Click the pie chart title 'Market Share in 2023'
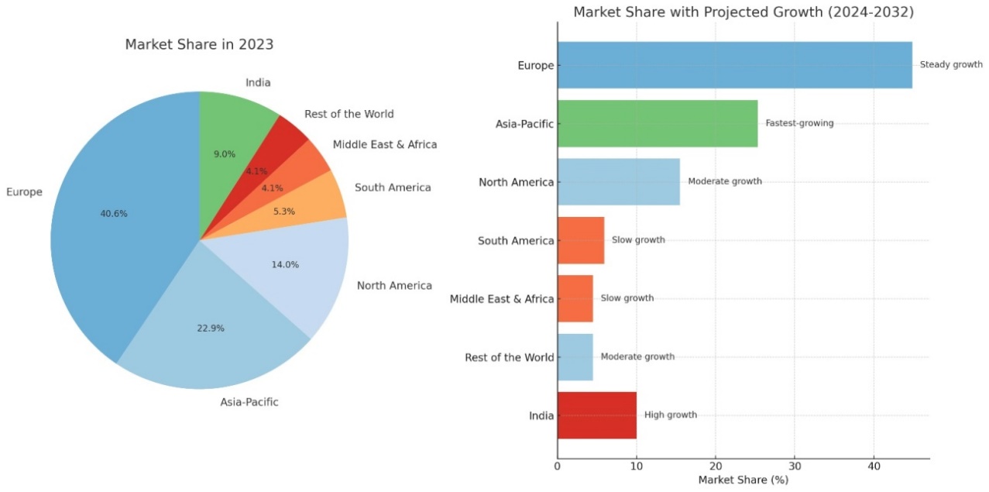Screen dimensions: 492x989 click(x=199, y=45)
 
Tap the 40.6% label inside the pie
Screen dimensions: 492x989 click(x=114, y=214)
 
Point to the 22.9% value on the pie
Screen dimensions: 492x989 click(x=211, y=328)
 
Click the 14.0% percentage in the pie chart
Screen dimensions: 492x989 click(x=285, y=264)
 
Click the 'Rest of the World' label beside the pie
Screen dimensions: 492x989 click(x=349, y=114)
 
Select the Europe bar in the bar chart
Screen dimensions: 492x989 click(x=733, y=65)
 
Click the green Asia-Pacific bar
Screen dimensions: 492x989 click(x=657, y=123)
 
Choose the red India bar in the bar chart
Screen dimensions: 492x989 click(x=596, y=415)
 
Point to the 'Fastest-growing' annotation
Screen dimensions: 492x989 click(x=799, y=123)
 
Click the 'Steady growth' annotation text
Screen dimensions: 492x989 click(x=951, y=65)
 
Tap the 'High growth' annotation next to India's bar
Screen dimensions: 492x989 click(x=671, y=415)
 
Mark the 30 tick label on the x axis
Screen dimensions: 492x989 click(x=794, y=466)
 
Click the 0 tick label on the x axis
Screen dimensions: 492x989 click(x=558, y=466)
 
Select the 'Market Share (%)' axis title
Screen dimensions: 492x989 click(x=743, y=480)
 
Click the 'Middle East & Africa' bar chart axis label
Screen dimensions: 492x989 click(x=502, y=299)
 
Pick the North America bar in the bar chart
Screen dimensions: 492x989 click(x=618, y=182)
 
